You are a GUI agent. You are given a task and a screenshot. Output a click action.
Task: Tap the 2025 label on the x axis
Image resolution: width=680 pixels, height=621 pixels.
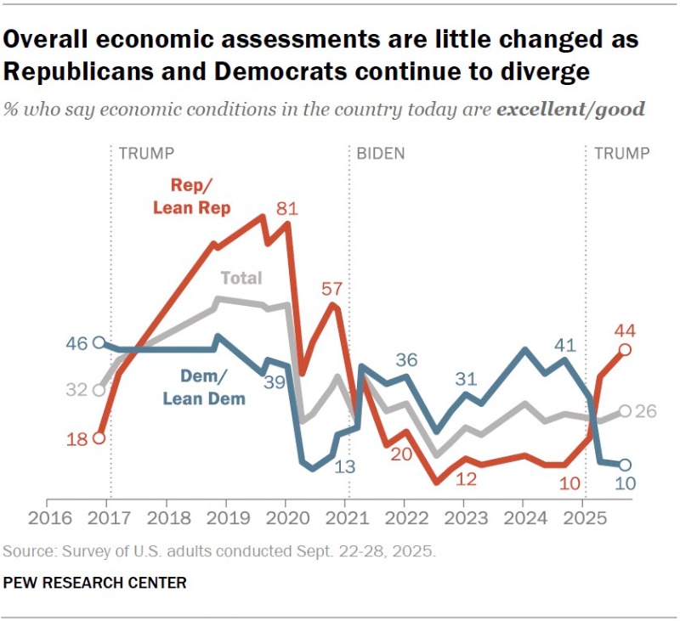tap(582, 518)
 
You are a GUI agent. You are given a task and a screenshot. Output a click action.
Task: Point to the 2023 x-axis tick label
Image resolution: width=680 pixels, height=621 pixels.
tap(463, 518)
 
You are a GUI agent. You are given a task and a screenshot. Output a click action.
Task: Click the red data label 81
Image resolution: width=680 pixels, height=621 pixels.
tap(288, 207)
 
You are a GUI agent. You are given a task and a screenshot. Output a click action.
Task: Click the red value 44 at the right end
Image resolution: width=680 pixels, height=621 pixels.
tap(626, 330)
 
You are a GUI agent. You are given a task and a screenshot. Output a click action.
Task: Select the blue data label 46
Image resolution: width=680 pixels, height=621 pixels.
tap(78, 343)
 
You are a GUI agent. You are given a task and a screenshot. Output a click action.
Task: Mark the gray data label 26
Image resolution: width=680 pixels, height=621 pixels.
tap(649, 411)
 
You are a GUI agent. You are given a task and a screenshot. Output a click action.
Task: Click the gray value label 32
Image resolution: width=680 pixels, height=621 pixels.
tap(78, 390)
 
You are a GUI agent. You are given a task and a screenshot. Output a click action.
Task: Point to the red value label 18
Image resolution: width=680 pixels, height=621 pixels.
tap(78, 439)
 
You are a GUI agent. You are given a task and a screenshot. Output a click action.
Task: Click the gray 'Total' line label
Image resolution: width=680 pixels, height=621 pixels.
tap(241, 278)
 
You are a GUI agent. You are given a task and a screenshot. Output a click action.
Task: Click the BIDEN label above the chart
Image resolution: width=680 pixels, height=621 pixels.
tap(380, 154)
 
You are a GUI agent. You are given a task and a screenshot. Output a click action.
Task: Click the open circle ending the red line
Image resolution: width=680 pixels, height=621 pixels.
tap(625, 349)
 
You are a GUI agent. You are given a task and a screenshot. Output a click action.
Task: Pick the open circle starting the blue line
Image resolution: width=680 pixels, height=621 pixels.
tap(99, 342)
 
